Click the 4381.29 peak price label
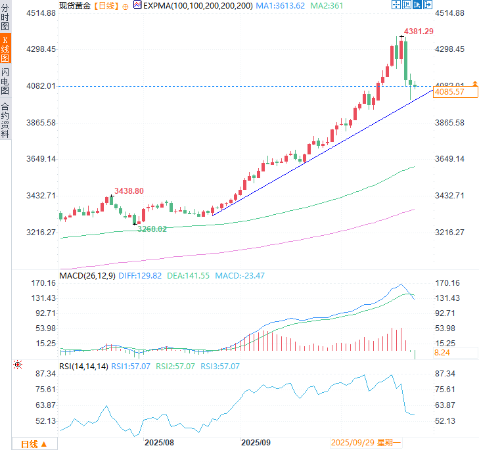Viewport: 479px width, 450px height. (x=419, y=31)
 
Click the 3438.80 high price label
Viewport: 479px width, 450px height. (x=129, y=191)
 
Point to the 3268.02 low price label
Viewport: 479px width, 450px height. (x=152, y=229)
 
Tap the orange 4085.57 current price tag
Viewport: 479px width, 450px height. (x=450, y=92)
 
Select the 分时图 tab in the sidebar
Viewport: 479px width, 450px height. (x=5, y=17)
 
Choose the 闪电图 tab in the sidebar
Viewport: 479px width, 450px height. (x=5, y=81)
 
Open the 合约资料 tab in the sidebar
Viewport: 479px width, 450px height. (x=5, y=120)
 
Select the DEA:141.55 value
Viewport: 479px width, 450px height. (x=189, y=276)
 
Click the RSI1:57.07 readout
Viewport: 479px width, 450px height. (x=130, y=367)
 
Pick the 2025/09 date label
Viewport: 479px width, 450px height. (x=256, y=443)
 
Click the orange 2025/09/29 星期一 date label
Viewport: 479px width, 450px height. (x=367, y=443)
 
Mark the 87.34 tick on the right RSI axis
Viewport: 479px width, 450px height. (x=445, y=373)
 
